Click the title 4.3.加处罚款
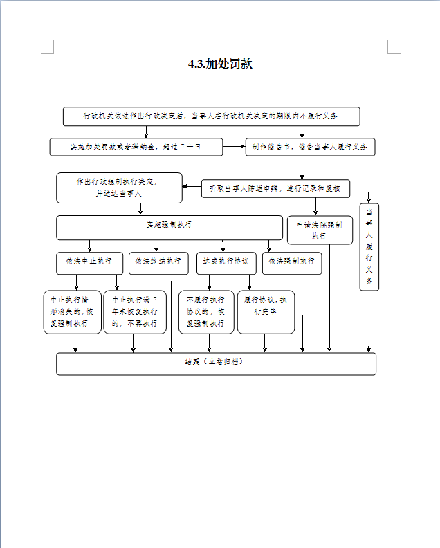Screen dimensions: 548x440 pyautogui.click(x=220, y=64)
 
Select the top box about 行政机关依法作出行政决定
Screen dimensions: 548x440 pyautogui.click(x=211, y=116)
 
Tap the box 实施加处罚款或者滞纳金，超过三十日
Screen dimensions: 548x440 pyautogui.click(x=136, y=147)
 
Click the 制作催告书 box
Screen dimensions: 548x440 pyautogui.click(x=309, y=147)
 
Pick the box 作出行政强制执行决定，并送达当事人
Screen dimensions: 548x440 pyautogui.click(x=119, y=188)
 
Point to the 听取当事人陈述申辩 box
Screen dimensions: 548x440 pyautogui.click(x=275, y=188)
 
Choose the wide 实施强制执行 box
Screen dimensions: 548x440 pyautogui.click(x=169, y=227)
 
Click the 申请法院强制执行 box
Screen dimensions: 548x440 pyautogui.click(x=320, y=230)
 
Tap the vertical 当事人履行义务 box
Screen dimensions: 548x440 pyautogui.click(x=369, y=247)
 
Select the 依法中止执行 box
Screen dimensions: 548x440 pyautogui.click(x=89, y=262)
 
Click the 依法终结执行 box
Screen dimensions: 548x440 pyautogui.click(x=158, y=262)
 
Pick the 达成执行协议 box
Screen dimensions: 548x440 pyautogui.click(x=226, y=262)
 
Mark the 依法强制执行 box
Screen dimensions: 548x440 pyautogui.click(x=292, y=262)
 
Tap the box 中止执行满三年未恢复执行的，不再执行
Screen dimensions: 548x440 pyautogui.click(x=135, y=311)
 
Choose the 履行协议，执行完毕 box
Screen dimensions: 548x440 pyautogui.click(x=265, y=311)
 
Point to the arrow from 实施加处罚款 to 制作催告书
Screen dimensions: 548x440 pyautogui.click(x=234, y=147)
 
